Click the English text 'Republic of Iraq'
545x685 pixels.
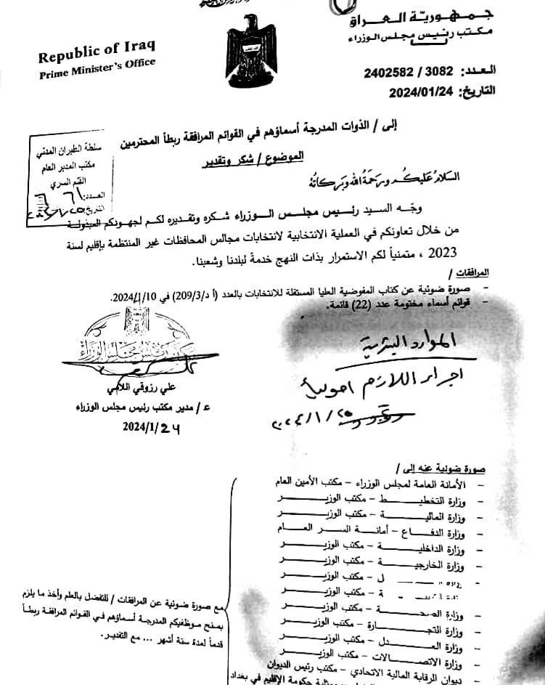coord(97,55)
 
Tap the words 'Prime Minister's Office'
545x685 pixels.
coord(97,70)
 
